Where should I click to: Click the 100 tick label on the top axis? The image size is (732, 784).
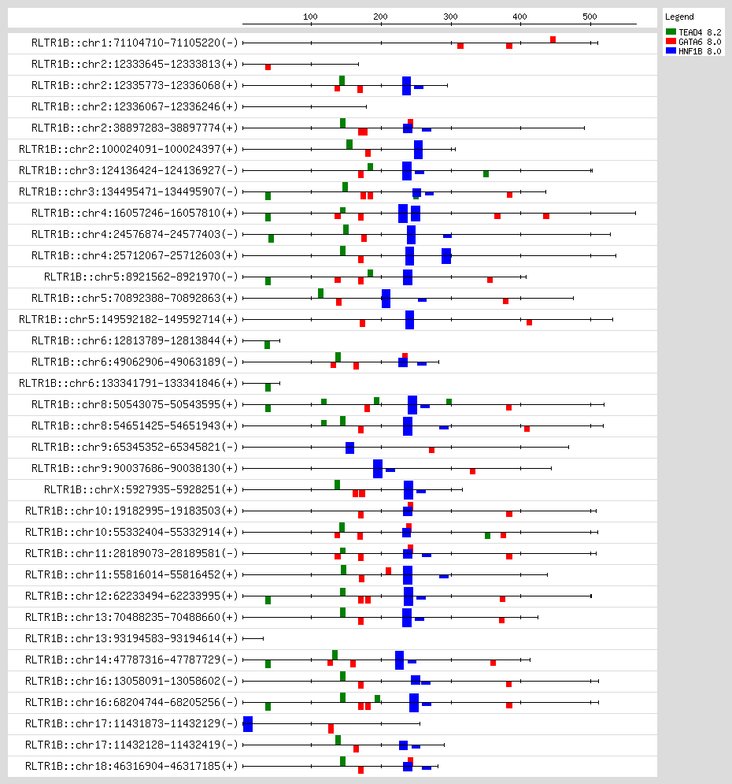click(x=310, y=16)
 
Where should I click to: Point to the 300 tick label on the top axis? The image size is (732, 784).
click(x=450, y=16)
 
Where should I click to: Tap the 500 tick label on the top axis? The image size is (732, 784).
click(x=590, y=16)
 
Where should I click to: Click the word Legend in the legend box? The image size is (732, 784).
click(x=678, y=17)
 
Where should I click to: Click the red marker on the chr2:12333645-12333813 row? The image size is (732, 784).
click(x=268, y=67)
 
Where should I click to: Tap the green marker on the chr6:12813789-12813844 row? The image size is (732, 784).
click(x=267, y=345)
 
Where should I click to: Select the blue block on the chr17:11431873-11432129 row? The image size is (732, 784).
click(x=248, y=723)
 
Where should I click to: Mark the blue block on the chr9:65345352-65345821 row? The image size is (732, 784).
click(x=349, y=448)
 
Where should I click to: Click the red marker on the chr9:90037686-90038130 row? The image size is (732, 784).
click(x=472, y=471)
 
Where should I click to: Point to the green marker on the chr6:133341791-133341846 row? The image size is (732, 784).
click(x=268, y=388)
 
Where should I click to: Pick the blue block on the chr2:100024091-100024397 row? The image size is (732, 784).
click(x=418, y=150)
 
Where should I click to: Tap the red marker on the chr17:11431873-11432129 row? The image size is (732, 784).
click(x=331, y=729)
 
